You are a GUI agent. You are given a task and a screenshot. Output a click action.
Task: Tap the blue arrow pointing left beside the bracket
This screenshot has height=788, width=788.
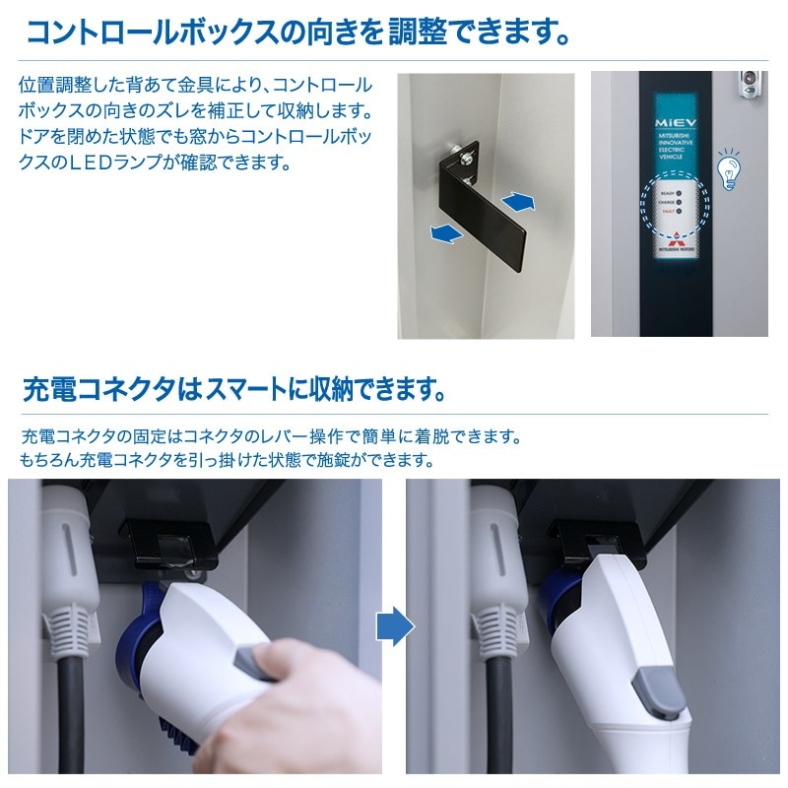click(x=446, y=233)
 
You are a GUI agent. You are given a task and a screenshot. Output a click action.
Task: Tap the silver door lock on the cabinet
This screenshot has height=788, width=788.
click(x=752, y=82)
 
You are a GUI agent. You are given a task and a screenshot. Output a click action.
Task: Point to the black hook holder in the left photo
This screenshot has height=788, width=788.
click(x=167, y=537)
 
